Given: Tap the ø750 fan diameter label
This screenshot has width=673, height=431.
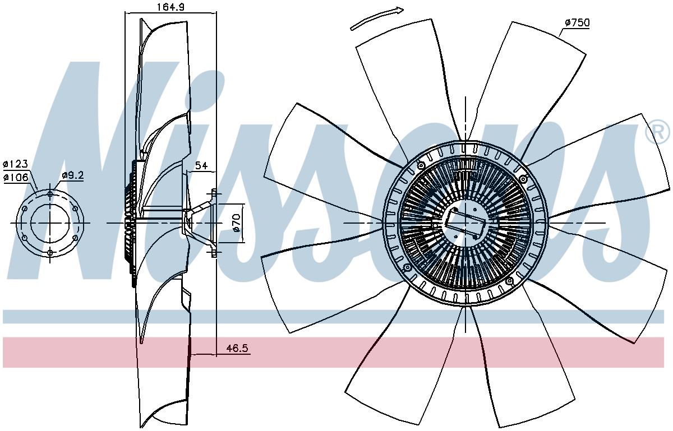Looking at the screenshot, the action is pyautogui.click(x=577, y=23).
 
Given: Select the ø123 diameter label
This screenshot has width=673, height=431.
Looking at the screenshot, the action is pyautogui.click(x=16, y=164).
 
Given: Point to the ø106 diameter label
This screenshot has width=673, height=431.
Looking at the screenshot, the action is pyautogui.click(x=16, y=178).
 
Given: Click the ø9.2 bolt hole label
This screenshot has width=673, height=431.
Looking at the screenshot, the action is pyautogui.click(x=73, y=175).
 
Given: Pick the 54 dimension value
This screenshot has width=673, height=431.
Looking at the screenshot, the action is pyautogui.click(x=201, y=165).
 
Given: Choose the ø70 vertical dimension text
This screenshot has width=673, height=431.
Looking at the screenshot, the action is pyautogui.click(x=237, y=223).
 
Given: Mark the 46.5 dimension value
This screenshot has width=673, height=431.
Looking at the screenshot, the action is pyautogui.click(x=237, y=348).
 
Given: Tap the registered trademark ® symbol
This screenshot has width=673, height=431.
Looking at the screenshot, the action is pyautogui.click(x=658, y=132).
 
